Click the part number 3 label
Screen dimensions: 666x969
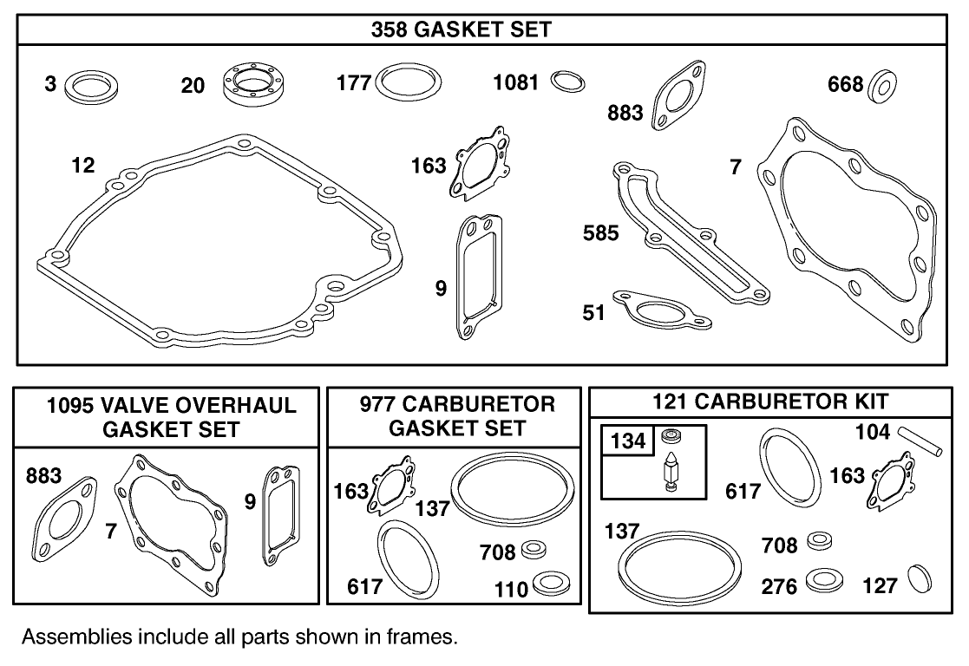pyautogui.click(x=50, y=85)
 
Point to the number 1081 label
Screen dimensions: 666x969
pyautogui.click(x=516, y=82)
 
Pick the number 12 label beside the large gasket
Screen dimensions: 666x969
pyautogui.click(x=83, y=164)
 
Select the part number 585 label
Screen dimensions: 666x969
pyautogui.click(x=601, y=232)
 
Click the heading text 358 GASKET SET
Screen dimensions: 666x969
pyautogui.click(x=462, y=29)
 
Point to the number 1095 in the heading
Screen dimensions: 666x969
pyautogui.click(x=72, y=405)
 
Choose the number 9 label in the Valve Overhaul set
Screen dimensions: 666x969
pyautogui.click(x=250, y=502)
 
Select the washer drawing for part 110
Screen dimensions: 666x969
pyautogui.click(x=550, y=585)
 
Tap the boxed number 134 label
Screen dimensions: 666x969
pyautogui.click(x=627, y=441)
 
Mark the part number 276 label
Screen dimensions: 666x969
pyautogui.click(x=779, y=587)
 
